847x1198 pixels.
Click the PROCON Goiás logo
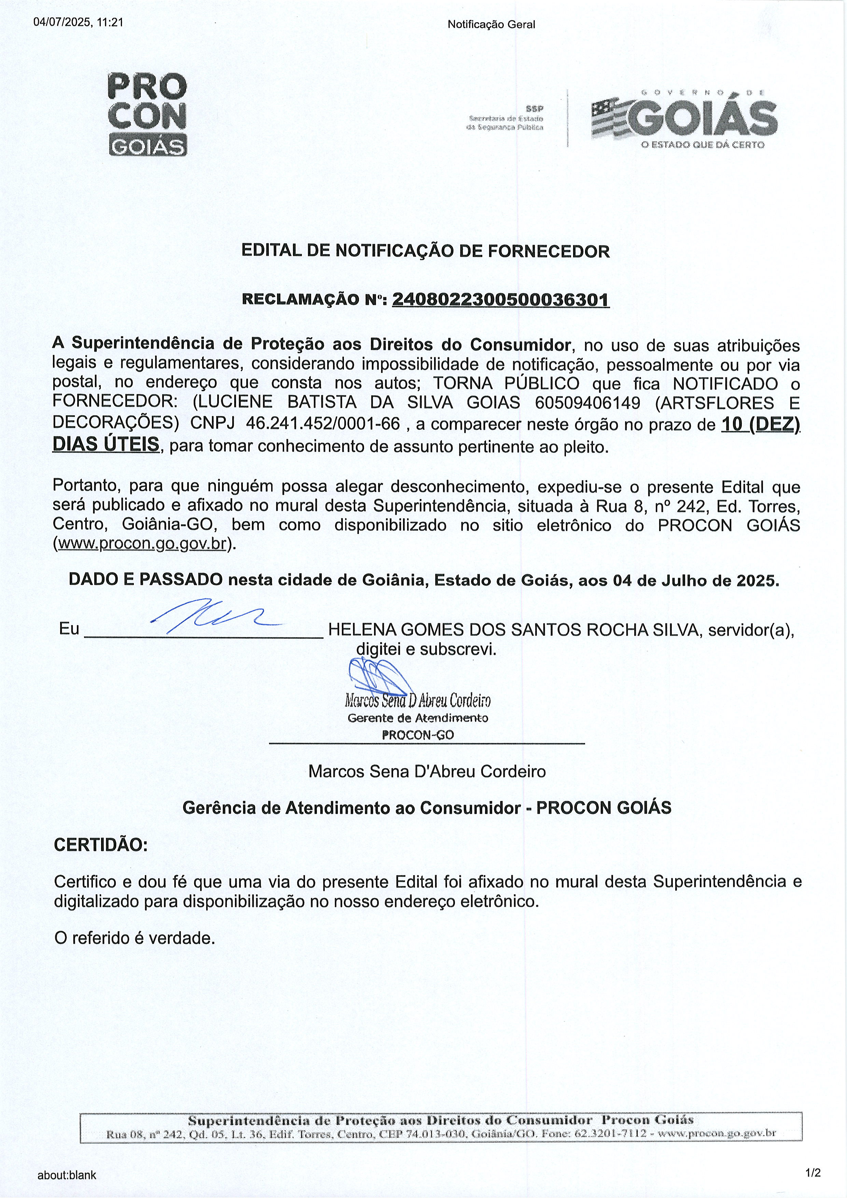tap(147, 115)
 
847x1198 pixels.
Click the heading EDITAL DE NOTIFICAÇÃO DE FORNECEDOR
tap(425, 251)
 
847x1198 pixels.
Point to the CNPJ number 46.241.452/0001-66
tap(322, 424)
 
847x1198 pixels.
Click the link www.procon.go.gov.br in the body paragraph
tap(142, 544)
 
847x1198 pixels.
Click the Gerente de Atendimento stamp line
tap(418, 718)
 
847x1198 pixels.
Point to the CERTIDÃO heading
tap(101, 845)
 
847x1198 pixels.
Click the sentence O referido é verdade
tap(135, 938)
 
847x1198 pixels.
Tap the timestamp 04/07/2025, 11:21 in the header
tap(78, 23)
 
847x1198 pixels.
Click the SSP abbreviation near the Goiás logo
tap(534, 109)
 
